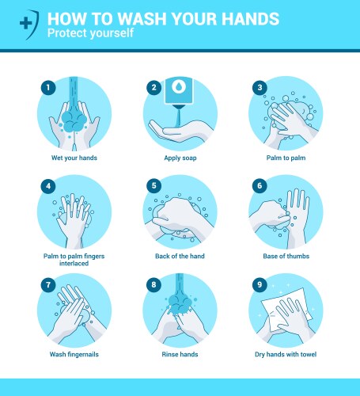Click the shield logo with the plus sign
coord(27,23)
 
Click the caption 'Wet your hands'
coord(74,158)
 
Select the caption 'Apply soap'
coord(180,158)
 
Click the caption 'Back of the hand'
coord(180,257)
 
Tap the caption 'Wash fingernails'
coord(74,354)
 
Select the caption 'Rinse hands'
coord(180,354)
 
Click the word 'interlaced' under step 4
coord(74,264)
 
